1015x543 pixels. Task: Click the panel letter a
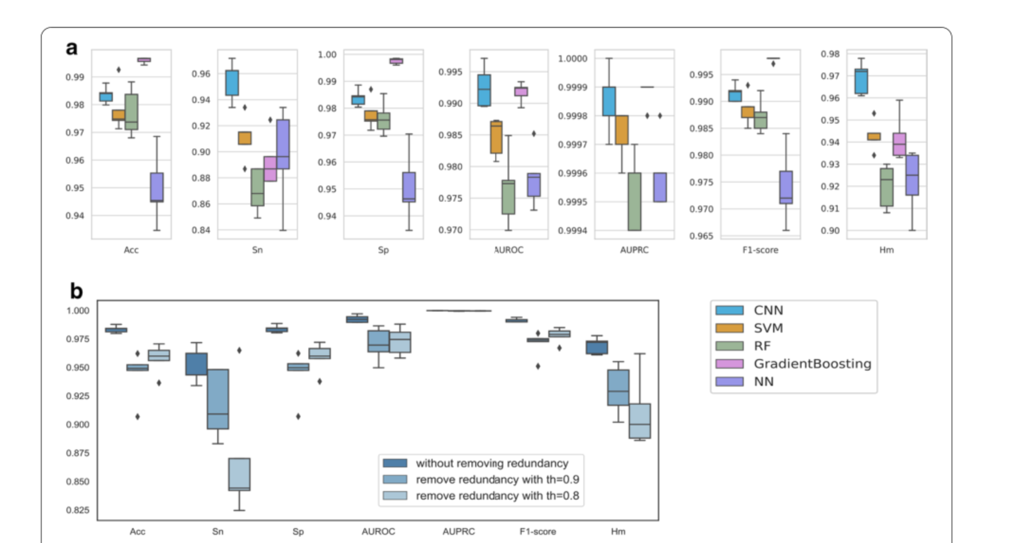coord(72,48)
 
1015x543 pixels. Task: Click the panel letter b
coord(77,291)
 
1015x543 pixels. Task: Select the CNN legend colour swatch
coord(729,310)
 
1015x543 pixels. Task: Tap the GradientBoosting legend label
coord(812,364)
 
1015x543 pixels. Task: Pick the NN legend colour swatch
coord(729,382)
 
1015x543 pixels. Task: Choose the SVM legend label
coord(768,328)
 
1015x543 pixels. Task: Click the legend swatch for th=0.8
coord(395,496)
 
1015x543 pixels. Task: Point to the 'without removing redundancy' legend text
coord(491,463)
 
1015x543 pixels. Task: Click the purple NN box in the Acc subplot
coord(157,187)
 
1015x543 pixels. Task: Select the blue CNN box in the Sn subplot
coord(232,83)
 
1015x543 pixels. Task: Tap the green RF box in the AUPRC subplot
coord(634,201)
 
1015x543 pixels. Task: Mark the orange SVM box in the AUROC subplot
coord(496,137)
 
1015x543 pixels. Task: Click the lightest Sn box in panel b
coord(239,474)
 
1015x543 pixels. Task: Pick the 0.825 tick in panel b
coord(78,510)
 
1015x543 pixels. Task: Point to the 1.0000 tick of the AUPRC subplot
coord(572,59)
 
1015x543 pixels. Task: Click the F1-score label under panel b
coord(538,532)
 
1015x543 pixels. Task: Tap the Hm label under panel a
coord(886,250)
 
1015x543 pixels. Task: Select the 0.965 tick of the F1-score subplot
coord(701,236)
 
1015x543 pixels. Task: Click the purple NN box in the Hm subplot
coord(912,175)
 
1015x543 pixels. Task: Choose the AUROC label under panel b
coord(378,532)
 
